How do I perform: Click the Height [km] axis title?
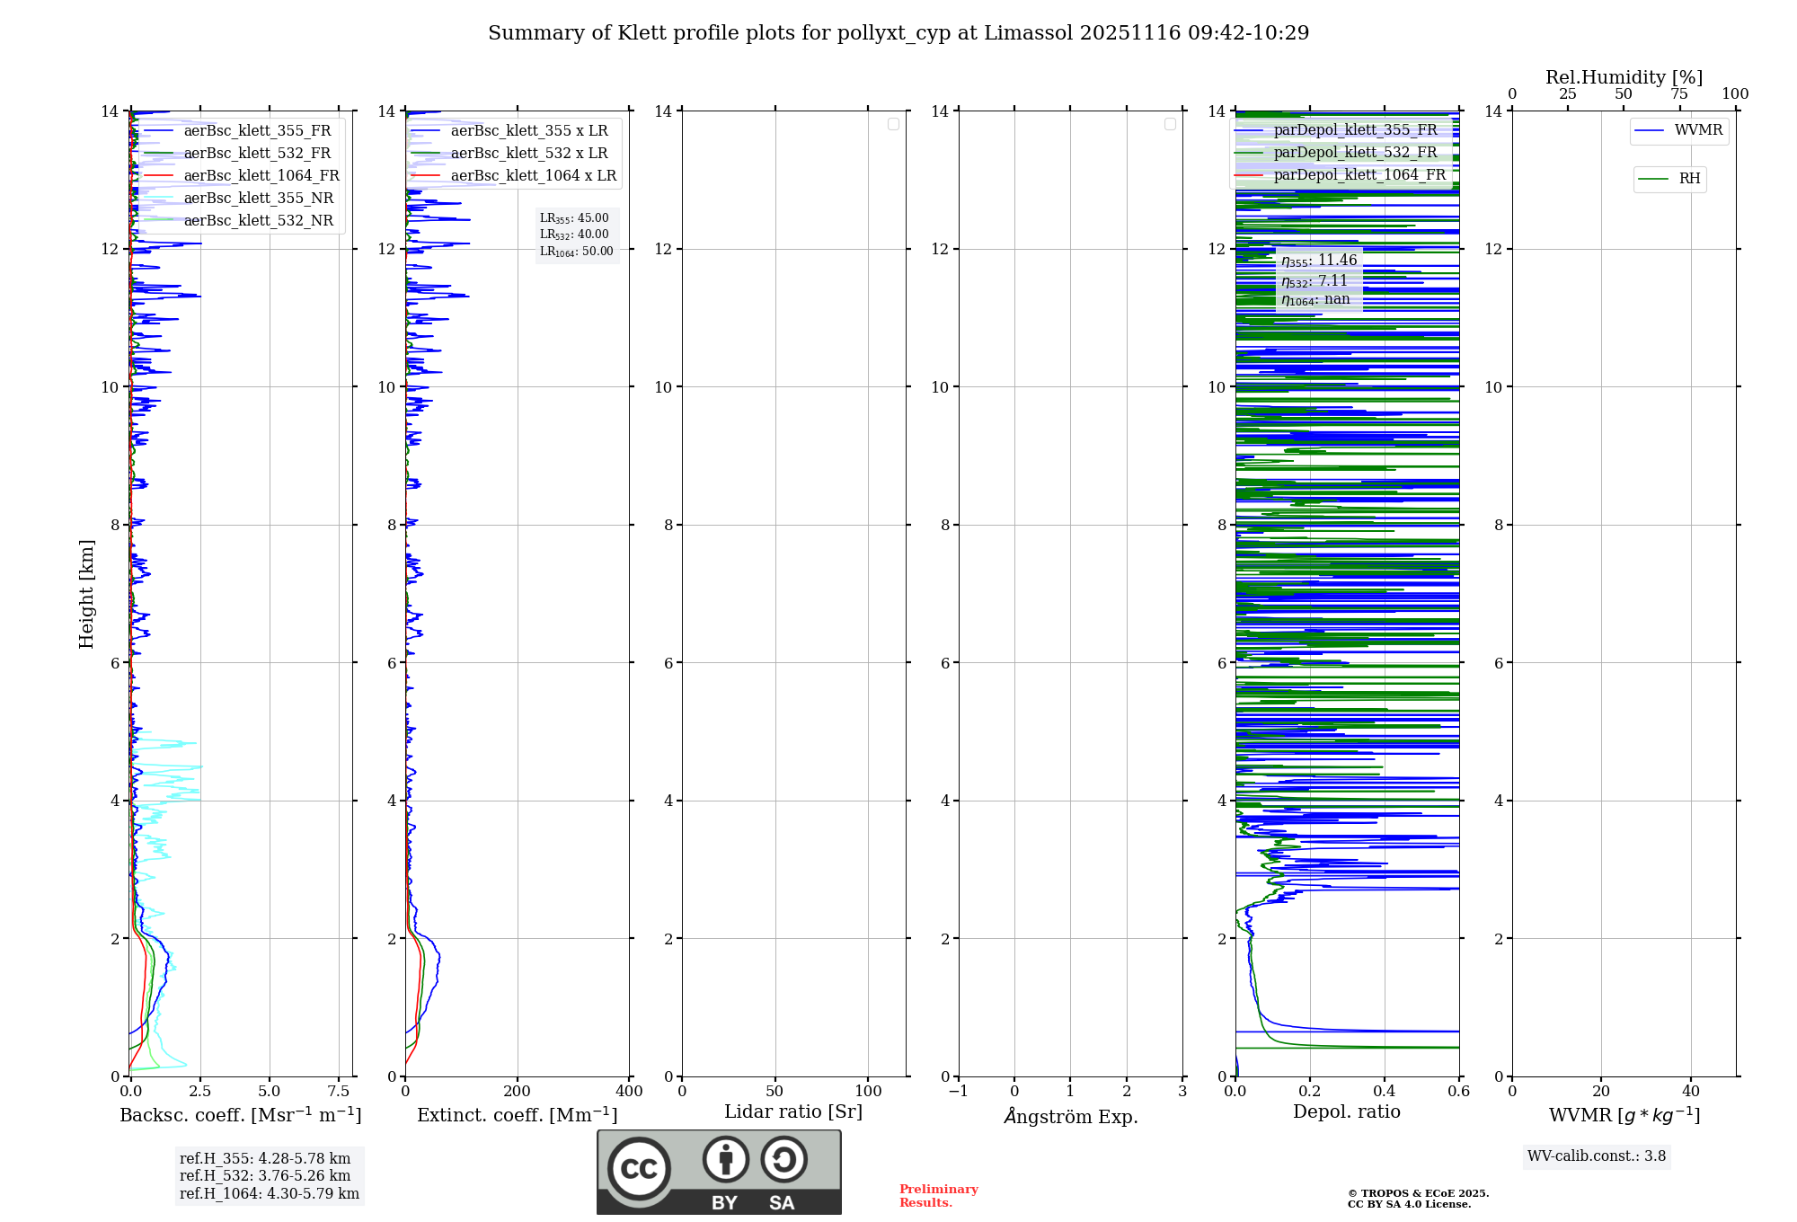click(x=86, y=594)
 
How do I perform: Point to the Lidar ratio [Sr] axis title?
click(x=793, y=1112)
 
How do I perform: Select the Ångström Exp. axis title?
click(x=1071, y=1117)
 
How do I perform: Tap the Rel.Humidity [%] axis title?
click(x=1624, y=77)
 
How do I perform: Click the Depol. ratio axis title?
click(x=1346, y=1112)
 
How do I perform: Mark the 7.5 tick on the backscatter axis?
click(x=338, y=1092)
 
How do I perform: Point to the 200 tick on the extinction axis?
click(x=518, y=1092)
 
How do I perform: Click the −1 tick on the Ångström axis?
click(x=959, y=1092)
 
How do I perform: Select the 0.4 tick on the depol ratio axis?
click(x=1385, y=1092)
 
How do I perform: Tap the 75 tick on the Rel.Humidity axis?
click(x=1678, y=94)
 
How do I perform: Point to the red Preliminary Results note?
click(x=938, y=1196)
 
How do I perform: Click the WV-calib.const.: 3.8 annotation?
click(x=1597, y=1156)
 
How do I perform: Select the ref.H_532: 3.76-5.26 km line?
click(x=265, y=1176)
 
